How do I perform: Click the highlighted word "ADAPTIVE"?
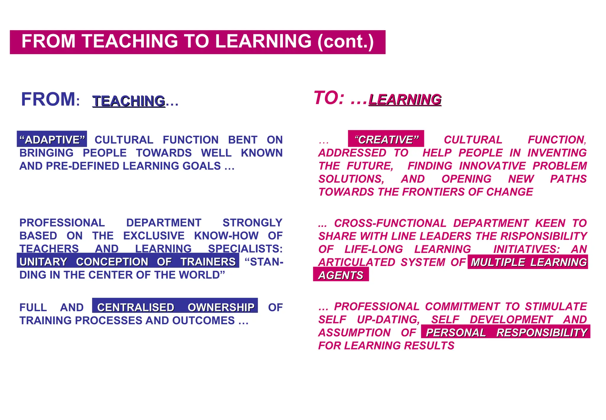point(52,140)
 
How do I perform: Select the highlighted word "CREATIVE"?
point(386,139)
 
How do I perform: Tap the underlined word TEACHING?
point(129,101)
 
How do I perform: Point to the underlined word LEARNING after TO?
point(405,100)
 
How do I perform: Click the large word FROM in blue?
point(48,99)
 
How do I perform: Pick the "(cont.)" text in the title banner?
point(346,41)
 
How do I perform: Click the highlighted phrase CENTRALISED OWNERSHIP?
point(175,307)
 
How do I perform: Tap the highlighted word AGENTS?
point(341,275)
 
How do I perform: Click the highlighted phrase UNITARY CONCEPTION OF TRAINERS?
point(128,262)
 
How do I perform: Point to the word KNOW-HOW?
point(226,236)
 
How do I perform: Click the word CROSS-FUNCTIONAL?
point(390,223)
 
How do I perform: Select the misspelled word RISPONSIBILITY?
point(544,236)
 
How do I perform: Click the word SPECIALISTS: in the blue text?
point(245,249)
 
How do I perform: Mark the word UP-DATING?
point(388,320)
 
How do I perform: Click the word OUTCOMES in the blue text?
point(203,320)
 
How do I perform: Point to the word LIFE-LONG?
point(374,249)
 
